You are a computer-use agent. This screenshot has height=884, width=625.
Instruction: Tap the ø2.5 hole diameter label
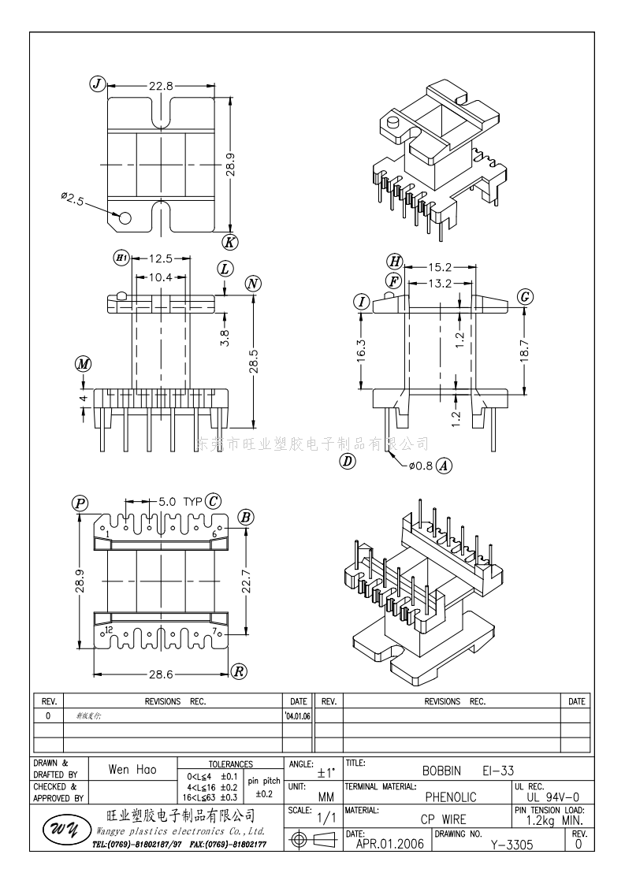point(73,200)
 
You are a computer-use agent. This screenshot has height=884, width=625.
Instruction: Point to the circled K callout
point(229,242)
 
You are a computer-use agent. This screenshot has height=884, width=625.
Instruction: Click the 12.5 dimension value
point(159,258)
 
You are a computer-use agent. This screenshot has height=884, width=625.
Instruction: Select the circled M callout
point(83,364)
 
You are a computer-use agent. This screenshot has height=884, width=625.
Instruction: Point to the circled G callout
point(525,296)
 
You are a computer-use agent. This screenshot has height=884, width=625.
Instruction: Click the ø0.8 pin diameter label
point(420,465)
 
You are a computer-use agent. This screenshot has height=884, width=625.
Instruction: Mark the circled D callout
point(347,462)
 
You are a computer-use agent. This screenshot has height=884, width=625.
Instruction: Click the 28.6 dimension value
point(162,674)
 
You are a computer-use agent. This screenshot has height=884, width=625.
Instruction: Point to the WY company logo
point(61,830)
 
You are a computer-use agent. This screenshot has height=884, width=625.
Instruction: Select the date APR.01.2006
point(389,845)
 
